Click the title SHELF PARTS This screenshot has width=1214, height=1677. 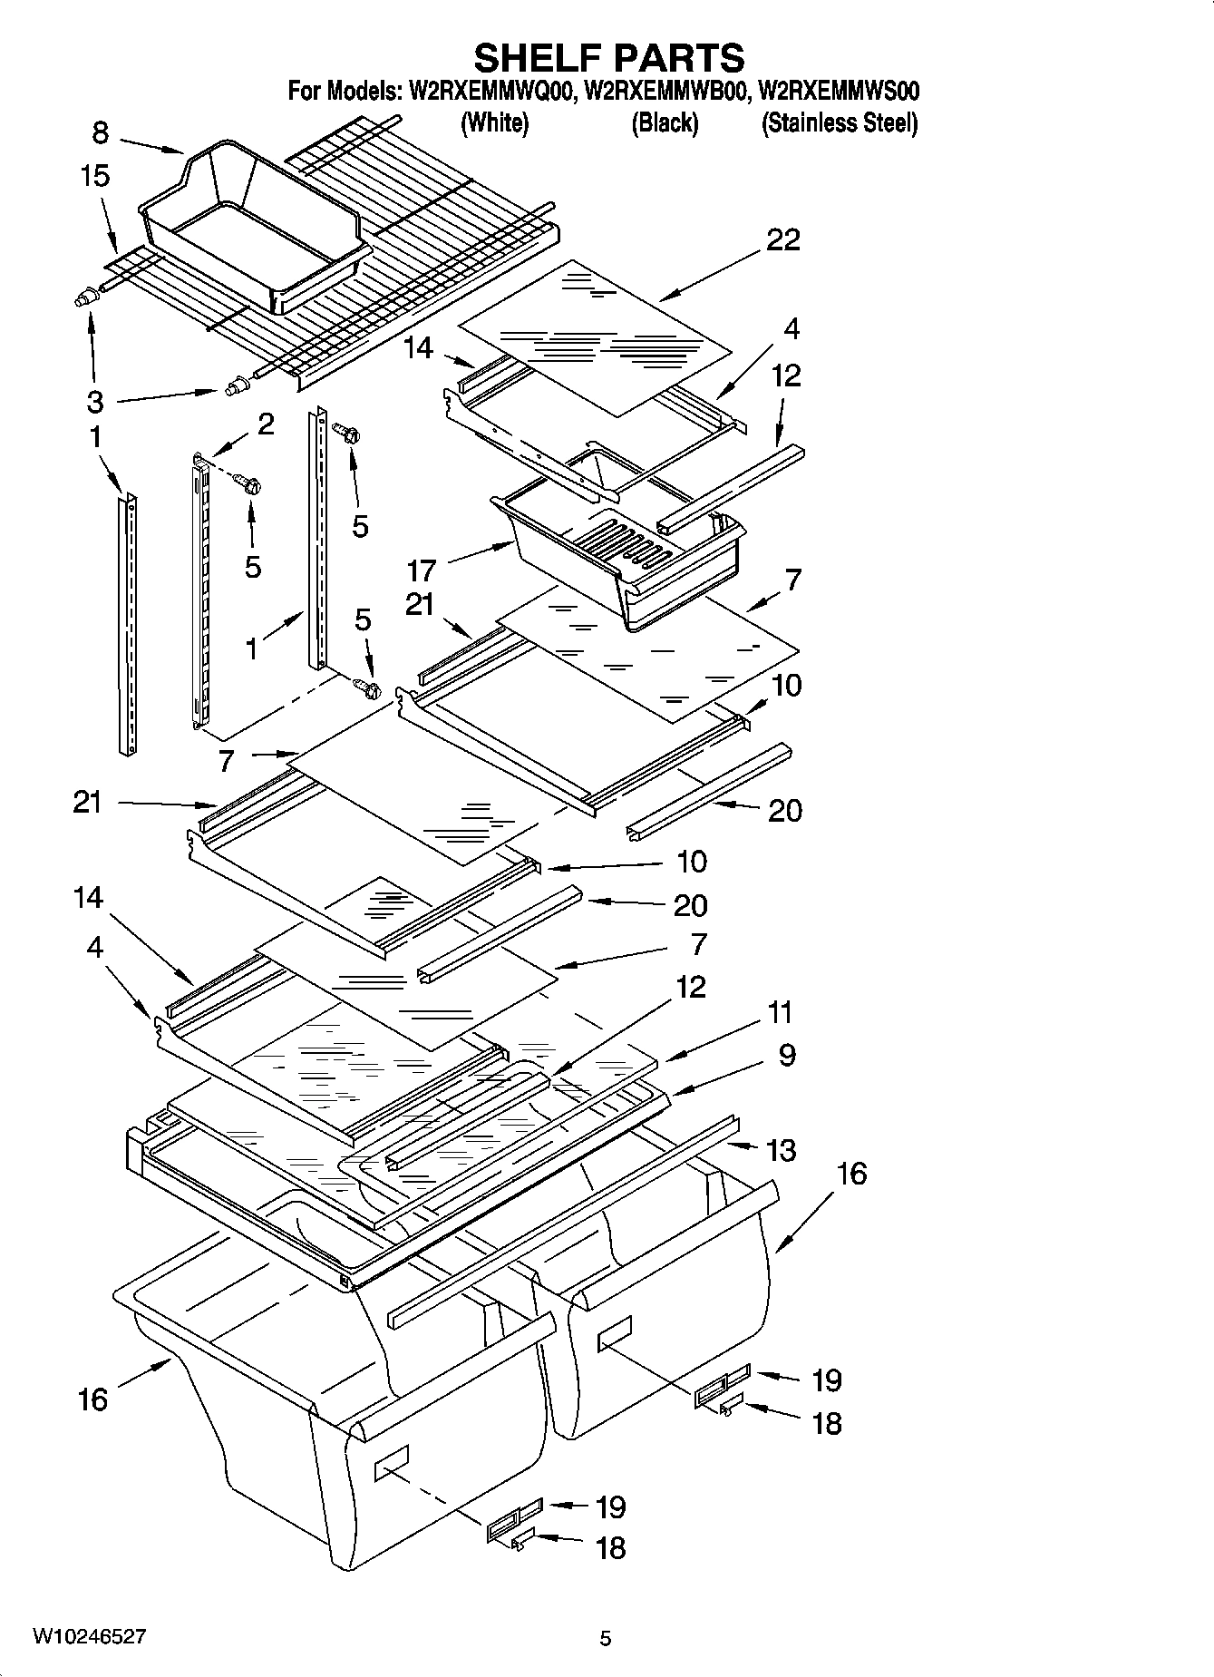pyautogui.click(x=608, y=57)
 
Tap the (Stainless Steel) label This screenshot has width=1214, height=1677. pyautogui.click(x=839, y=123)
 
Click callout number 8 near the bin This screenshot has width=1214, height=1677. pyautogui.click(x=100, y=133)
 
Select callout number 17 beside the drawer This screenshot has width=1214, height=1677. pyautogui.click(x=422, y=570)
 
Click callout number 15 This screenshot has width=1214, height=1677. pyautogui.click(x=94, y=176)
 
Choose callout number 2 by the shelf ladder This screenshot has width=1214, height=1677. pyautogui.click(x=266, y=424)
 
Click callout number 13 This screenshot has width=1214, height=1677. pyautogui.click(x=781, y=1150)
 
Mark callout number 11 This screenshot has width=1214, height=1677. pyautogui.click(x=780, y=1011)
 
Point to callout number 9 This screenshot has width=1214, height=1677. pyautogui.click(x=787, y=1055)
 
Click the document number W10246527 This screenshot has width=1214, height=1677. pyautogui.click(x=89, y=1637)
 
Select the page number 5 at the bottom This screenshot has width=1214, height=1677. pyautogui.click(x=606, y=1638)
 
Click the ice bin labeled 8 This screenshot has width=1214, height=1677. pyautogui.click(x=254, y=227)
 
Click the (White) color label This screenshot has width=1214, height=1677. pyautogui.click(x=494, y=123)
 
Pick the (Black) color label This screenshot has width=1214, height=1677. pyautogui.click(x=665, y=123)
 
